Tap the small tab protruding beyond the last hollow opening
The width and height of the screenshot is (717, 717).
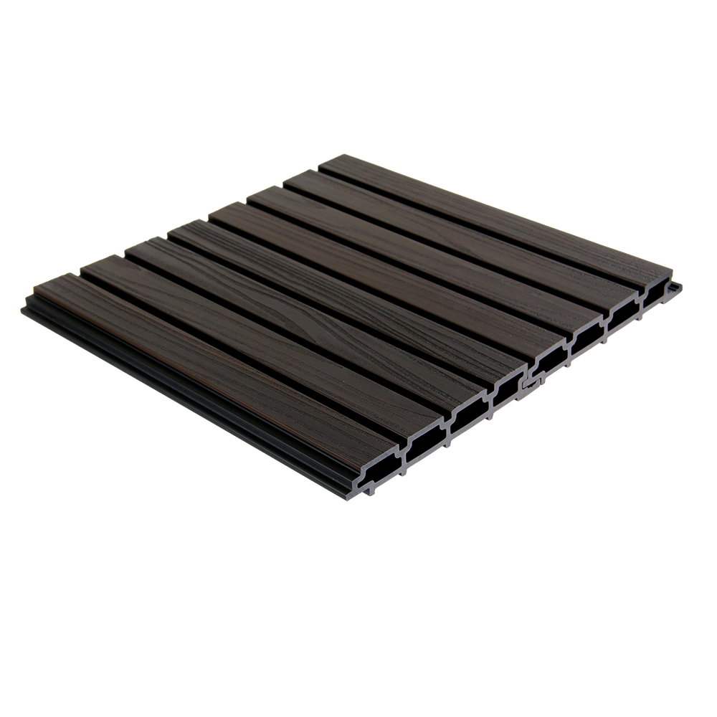coord(675,286)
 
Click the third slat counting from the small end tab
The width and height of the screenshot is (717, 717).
coord(423,244)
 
